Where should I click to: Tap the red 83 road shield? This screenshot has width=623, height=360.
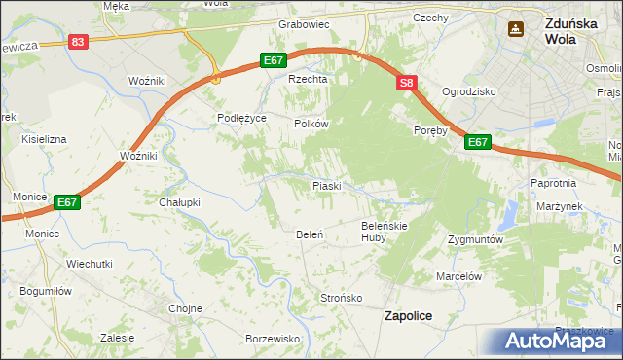tap(79, 41)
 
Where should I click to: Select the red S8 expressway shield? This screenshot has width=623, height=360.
tap(407, 85)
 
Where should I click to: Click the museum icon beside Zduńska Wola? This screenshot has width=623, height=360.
tap(515, 30)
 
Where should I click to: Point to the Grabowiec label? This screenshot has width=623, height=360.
tap(305, 23)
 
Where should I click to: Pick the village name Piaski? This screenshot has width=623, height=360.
tap(325, 185)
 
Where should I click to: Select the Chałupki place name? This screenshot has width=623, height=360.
tap(179, 202)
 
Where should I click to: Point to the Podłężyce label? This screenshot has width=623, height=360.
tap(241, 118)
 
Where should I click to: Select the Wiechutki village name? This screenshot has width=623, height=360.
tap(90, 264)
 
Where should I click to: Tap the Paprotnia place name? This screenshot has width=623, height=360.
tap(555, 182)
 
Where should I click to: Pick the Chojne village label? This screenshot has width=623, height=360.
tap(185, 308)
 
